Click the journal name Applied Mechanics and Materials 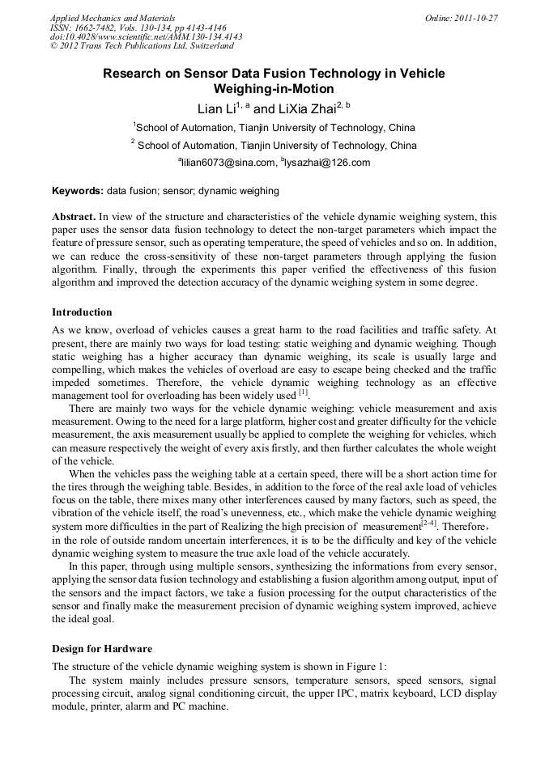click(x=112, y=18)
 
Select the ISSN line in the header click(x=138, y=28)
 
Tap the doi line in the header click(x=146, y=37)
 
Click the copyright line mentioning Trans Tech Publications click(x=141, y=47)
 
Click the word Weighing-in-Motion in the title click(x=273, y=89)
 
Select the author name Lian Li click(x=216, y=108)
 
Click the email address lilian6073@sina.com click(x=228, y=163)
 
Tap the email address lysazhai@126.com click(x=326, y=163)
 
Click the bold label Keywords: click(x=78, y=191)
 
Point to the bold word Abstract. click(x=73, y=217)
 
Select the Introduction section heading click(x=82, y=312)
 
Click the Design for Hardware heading click(x=102, y=649)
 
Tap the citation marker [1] click(x=303, y=393)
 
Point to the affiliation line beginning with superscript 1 click(x=274, y=128)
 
